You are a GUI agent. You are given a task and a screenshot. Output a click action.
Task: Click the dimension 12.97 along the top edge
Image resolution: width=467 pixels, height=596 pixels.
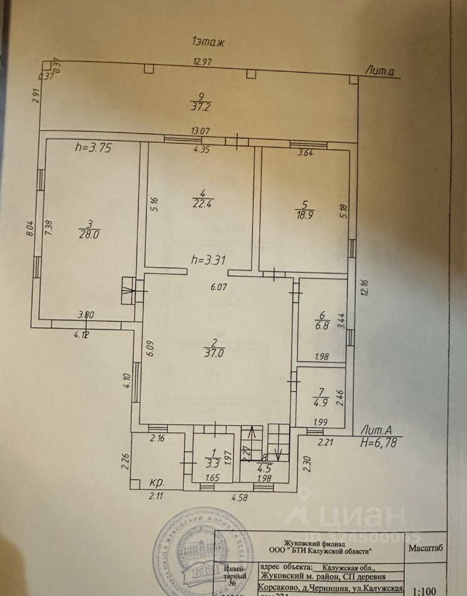click(x=202, y=61)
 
